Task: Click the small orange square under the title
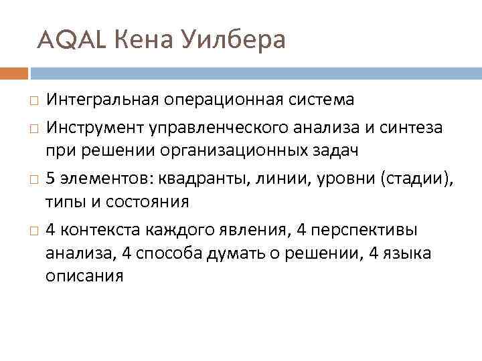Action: pyautogui.click(x=14, y=72)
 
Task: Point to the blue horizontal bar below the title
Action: pyautogui.click(x=255, y=72)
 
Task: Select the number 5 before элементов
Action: pyautogui.click(x=50, y=176)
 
